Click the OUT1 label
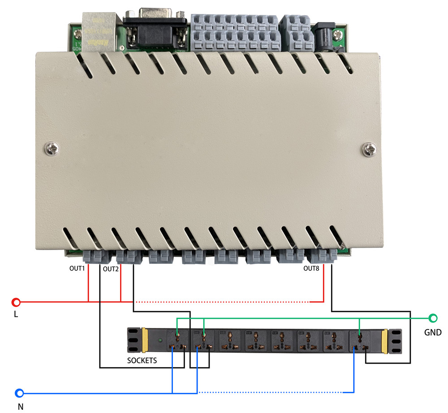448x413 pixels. coord(77,269)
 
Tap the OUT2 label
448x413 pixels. coord(111,269)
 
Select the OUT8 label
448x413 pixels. coord(311,269)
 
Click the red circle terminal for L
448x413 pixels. coord(16,302)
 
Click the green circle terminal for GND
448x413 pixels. coord(433,318)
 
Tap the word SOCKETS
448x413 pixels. coord(142,360)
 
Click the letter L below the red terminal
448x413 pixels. coord(16,315)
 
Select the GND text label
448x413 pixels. coord(433,333)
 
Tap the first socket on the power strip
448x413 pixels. coord(177,341)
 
